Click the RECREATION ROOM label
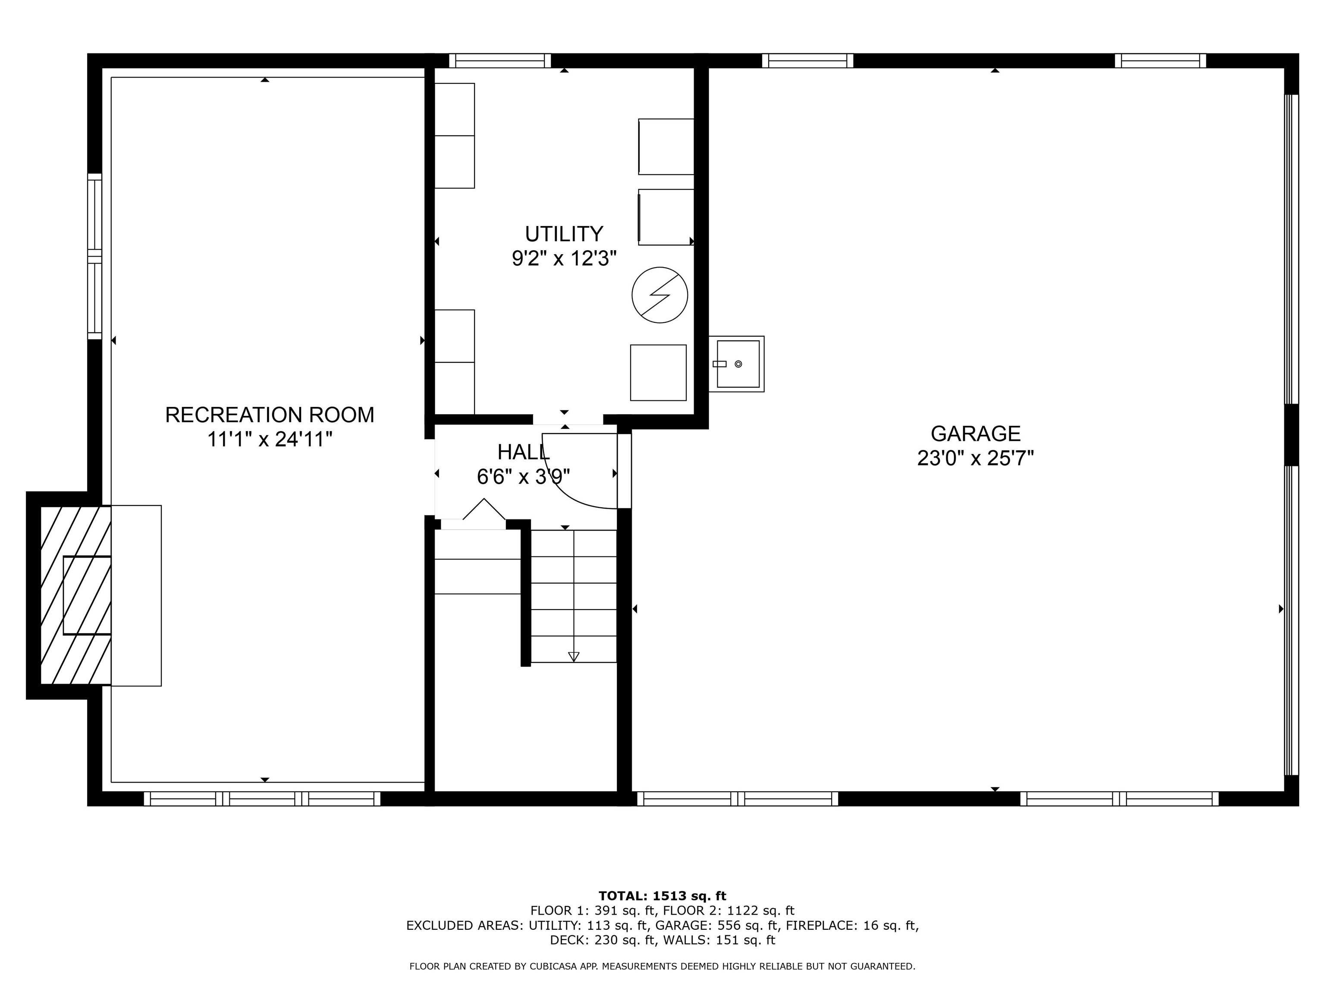(x=270, y=415)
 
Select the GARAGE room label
(x=976, y=433)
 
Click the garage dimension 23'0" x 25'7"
(x=976, y=458)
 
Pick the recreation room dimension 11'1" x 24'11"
(x=270, y=440)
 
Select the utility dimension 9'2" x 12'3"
(x=564, y=258)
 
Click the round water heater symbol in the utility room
(x=659, y=295)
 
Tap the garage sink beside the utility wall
(x=736, y=364)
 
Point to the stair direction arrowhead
(x=574, y=657)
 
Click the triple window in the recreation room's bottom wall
(x=262, y=799)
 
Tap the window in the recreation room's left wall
(x=94, y=256)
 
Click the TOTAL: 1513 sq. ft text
(x=662, y=896)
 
